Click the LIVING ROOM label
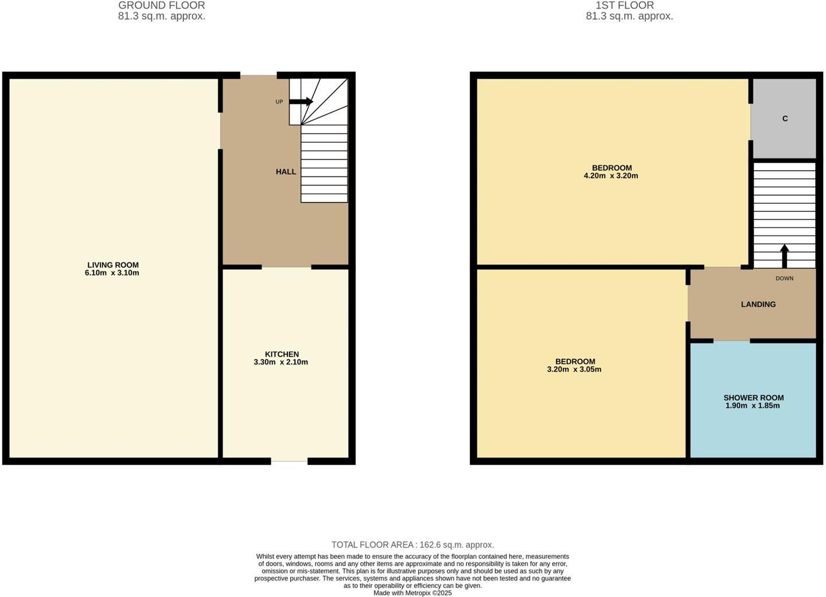pyautogui.click(x=112, y=265)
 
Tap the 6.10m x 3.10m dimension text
pyautogui.click(x=112, y=273)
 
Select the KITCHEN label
pyautogui.click(x=282, y=354)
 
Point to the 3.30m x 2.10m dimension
pyautogui.click(x=280, y=362)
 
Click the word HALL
pyautogui.click(x=286, y=172)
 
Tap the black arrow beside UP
pyautogui.click(x=301, y=102)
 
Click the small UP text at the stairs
pyautogui.click(x=279, y=102)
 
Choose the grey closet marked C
pyautogui.click(x=784, y=118)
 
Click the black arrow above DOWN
pyautogui.click(x=784, y=256)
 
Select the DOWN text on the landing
pyautogui.click(x=784, y=278)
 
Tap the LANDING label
pyautogui.click(x=758, y=304)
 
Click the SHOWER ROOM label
pyautogui.click(x=753, y=398)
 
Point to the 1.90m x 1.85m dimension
pyautogui.click(x=753, y=406)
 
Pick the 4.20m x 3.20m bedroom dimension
pyautogui.click(x=611, y=176)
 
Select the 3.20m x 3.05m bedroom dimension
pyautogui.click(x=574, y=370)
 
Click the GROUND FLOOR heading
pyautogui.click(x=162, y=5)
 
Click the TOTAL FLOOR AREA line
pyautogui.click(x=412, y=545)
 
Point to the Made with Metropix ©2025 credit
pyautogui.click(x=412, y=593)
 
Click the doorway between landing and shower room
pyautogui.click(x=731, y=341)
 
